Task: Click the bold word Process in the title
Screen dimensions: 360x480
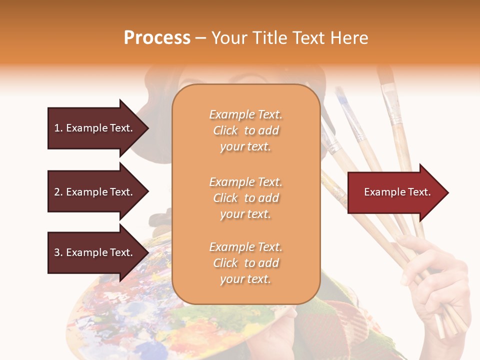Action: tap(157, 38)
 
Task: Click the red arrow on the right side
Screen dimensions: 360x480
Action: tap(395, 192)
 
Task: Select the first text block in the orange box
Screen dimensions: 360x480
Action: tap(245, 130)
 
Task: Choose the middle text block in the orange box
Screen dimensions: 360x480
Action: tap(245, 197)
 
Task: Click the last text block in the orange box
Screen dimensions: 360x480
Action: tap(245, 263)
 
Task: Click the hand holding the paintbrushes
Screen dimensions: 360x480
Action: tap(435, 280)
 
